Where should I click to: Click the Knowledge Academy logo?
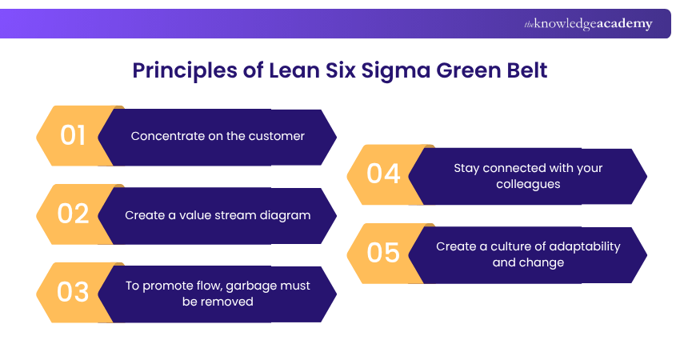588,24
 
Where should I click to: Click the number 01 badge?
73,136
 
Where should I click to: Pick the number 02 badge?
73,214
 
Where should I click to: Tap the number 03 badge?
73,293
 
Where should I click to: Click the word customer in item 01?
276,136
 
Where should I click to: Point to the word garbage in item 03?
258,286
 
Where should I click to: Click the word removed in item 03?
230,302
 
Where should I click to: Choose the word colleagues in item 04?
528,184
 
